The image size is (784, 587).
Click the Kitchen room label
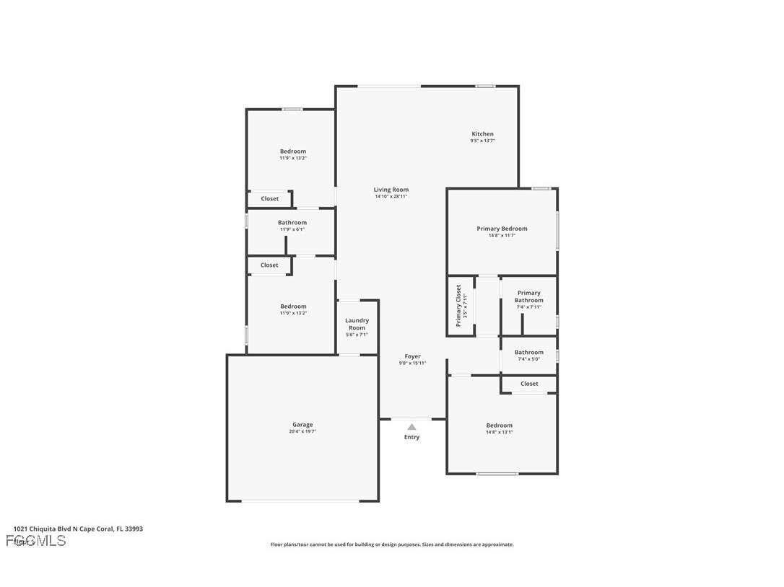point(482,134)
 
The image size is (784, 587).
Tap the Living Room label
point(391,190)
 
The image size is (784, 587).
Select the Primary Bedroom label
point(502,229)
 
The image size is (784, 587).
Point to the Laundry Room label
point(357,324)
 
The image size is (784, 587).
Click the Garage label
point(302,425)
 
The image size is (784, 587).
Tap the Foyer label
point(412,356)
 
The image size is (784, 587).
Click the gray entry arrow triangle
point(411,427)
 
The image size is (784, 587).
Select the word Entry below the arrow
point(411,437)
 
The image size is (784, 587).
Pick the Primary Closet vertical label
point(458,305)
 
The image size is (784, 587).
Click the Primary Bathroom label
point(528,296)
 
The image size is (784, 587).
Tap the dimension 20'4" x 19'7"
point(303,432)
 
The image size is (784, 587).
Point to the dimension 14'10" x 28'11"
point(391,197)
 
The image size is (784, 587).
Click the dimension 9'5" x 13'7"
point(482,141)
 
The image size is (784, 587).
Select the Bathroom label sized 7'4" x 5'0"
point(528,353)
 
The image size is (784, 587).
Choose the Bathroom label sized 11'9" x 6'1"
point(292,223)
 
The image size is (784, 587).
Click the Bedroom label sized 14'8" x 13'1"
point(499,425)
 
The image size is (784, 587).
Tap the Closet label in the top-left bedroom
point(269,199)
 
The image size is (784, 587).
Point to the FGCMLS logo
point(36,541)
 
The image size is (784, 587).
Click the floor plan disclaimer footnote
point(392,545)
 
